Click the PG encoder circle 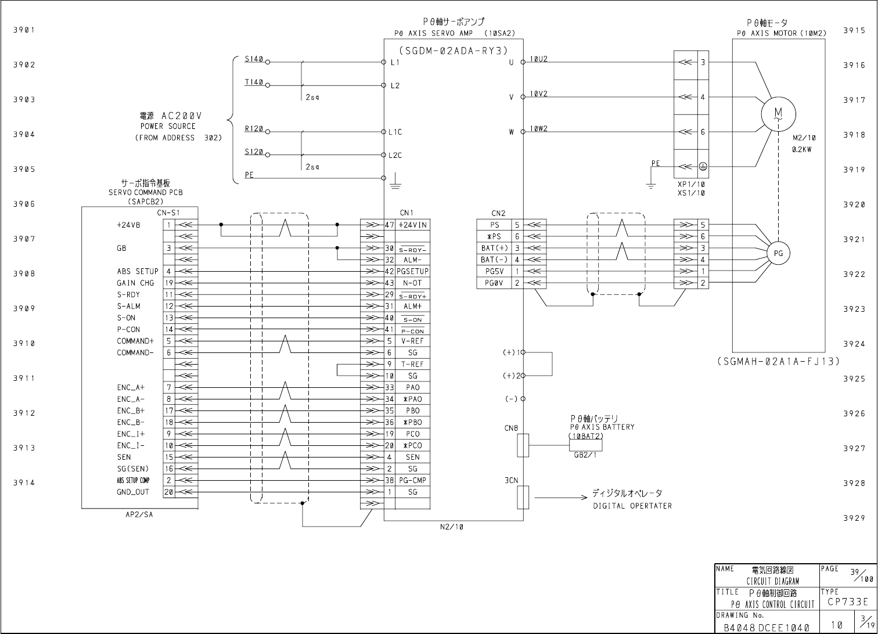pyautogui.click(x=778, y=253)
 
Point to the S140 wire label pyautogui.click(x=254, y=59)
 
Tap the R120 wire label pyautogui.click(x=254, y=129)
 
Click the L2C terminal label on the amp pyautogui.click(x=395, y=156)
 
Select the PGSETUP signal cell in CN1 pyautogui.click(x=413, y=271)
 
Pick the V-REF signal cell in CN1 pyautogui.click(x=413, y=341)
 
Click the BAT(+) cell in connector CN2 pyautogui.click(x=494, y=248)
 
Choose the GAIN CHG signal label pyautogui.click(x=136, y=283)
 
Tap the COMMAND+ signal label pyautogui.click(x=135, y=341)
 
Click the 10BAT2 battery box pyautogui.click(x=585, y=445)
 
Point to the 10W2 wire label pyautogui.click(x=538, y=129)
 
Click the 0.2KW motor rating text pyautogui.click(x=801, y=149)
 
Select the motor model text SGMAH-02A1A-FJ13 pyautogui.click(x=779, y=361)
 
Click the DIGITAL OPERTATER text pyautogui.click(x=632, y=506)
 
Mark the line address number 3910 pyautogui.click(x=24, y=343)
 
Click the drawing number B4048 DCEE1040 pyautogui.click(x=766, y=628)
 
